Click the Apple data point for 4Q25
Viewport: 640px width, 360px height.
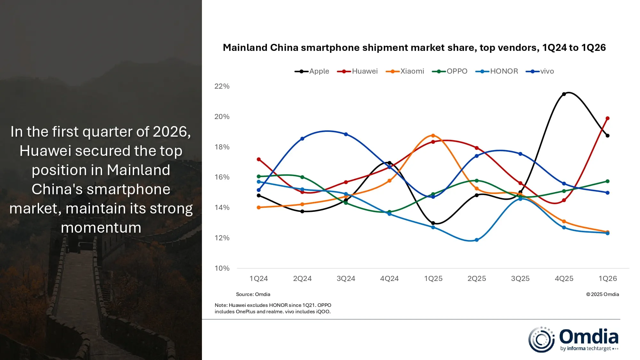coord(564,94)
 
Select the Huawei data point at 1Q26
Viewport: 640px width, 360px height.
coord(608,118)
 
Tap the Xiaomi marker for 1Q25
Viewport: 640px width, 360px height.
coord(433,136)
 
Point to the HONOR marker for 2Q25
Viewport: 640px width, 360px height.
coord(477,240)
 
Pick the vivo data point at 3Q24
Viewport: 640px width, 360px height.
coord(346,134)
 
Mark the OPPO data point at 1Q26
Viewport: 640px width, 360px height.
coord(608,181)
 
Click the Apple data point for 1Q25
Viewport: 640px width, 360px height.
coord(433,223)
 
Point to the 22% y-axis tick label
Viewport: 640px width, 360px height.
coord(222,86)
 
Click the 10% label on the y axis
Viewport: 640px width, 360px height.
coord(222,268)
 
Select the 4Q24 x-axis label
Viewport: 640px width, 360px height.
coord(389,279)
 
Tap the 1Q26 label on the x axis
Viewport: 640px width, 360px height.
coord(608,279)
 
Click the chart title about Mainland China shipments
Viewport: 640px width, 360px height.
coord(414,48)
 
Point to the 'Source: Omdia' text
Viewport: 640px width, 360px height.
coord(253,294)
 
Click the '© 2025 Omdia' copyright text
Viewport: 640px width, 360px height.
coord(603,294)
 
